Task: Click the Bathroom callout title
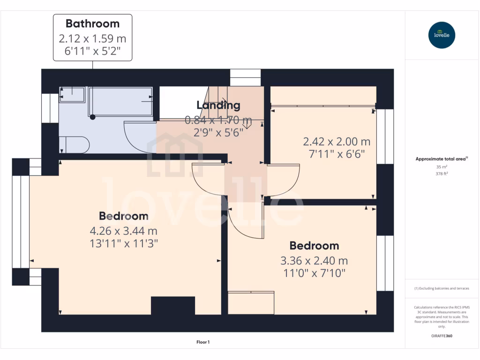coord(92,23)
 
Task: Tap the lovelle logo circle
coord(442,35)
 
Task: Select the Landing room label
coord(218,105)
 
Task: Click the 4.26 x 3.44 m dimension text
coord(123,231)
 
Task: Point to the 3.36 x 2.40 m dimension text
coord(314,261)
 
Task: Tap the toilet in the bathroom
coord(75,145)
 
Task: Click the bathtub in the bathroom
coord(120,101)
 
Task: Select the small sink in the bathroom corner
coord(72,95)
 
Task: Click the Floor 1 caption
coord(203,342)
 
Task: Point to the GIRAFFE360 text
coord(441,336)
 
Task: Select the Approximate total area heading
coord(441,159)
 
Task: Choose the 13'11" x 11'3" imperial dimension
coord(123,243)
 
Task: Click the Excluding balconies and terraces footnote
coord(442,288)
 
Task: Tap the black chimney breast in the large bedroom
coord(173,306)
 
